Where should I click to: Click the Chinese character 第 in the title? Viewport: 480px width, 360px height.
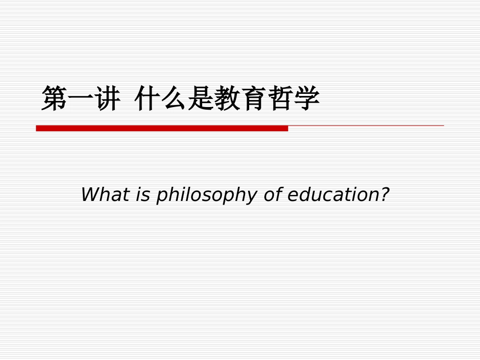pyautogui.click(x=55, y=98)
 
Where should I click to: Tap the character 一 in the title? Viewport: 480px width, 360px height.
pyautogui.click(x=81, y=98)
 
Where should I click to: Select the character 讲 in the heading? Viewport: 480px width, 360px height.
pyautogui.click(x=107, y=98)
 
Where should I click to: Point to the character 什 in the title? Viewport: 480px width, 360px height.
pyautogui.click(x=148, y=98)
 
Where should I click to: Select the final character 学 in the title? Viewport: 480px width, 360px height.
pyautogui.click(x=307, y=98)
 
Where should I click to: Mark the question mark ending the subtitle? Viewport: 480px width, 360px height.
pyautogui.click(x=386, y=194)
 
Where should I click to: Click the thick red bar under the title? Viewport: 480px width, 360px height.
pyautogui.click(x=162, y=128)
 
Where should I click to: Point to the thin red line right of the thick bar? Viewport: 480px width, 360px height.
pyautogui.click(x=366, y=125)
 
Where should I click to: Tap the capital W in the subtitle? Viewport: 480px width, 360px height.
pyautogui.click(x=89, y=194)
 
